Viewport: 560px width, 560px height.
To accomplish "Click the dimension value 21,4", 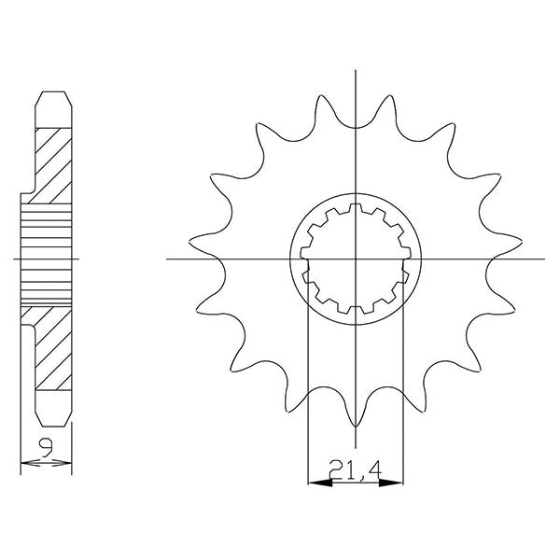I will pyautogui.click(x=356, y=469).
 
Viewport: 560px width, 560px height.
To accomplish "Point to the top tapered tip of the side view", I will pyautogui.click(x=52, y=96).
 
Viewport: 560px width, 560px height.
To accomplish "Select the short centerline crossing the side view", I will pyautogui.click(x=47, y=259).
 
